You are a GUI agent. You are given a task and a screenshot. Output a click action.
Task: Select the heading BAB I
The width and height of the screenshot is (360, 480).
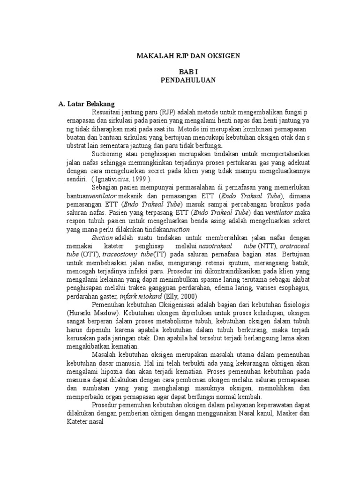[188, 72]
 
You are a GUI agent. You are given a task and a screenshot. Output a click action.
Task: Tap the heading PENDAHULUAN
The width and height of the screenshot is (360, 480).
[188, 80]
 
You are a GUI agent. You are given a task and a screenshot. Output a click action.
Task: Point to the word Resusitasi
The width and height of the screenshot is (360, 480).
[107, 112]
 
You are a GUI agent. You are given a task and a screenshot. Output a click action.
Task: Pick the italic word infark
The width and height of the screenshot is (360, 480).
[129, 296]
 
